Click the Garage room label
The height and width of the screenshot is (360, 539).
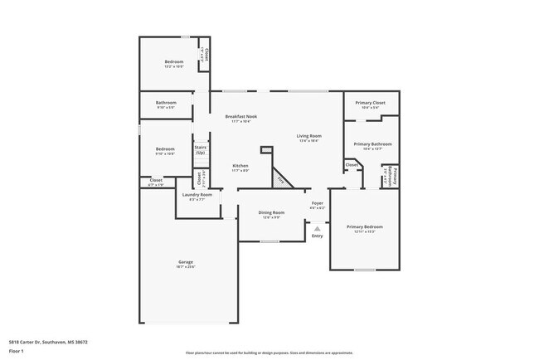[x=185, y=262]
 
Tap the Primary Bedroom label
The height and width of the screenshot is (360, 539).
[x=365, y=226]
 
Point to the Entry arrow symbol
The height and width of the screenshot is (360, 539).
[x=317, y=228]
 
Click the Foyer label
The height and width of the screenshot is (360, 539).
[x=317, y=202]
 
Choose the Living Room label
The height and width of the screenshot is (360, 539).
[x=309, y=136]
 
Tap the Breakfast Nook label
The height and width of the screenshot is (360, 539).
[x=241, y=117]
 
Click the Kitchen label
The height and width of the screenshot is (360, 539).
[x=240, y=166]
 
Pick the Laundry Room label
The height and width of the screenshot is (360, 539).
[x=197, y=195]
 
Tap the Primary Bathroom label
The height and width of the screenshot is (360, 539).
[x=372, y=144]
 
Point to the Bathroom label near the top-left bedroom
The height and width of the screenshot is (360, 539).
[x=167, y=103]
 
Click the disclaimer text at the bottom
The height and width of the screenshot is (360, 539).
[x=269, y=353]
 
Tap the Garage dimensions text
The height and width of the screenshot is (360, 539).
[x=185, y=267]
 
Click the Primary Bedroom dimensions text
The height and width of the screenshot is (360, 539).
[x=365, y=231]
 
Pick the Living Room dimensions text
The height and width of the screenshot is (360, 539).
[x=309, y=141]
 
